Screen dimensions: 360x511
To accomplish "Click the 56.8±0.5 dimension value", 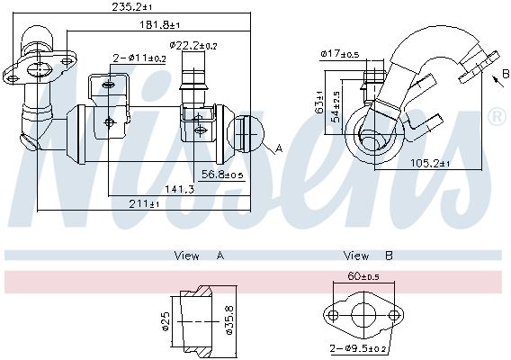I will coord(222,175).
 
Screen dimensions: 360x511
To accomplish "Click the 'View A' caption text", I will coord(199,256).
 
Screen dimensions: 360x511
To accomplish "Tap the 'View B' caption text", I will coord(369,256).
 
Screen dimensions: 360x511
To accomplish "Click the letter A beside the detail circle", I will coord(279,148).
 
